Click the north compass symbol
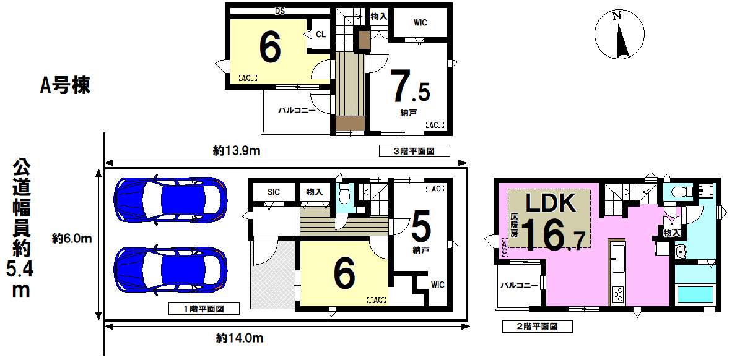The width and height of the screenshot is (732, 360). (x=619, y=35)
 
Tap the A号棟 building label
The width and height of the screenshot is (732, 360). (x=65, y=86)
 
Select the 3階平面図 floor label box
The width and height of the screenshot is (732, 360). (x=414, y=151)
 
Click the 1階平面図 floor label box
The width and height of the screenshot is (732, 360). (x=204, y=308)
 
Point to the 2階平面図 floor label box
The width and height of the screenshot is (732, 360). (x=538, y=327)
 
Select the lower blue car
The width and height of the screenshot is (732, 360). (x=170, y=269)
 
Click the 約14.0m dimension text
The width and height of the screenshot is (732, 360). (x=240, y=338)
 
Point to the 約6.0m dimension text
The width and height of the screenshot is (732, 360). (x=71, y=239)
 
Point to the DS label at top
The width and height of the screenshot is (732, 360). (x=280, y=11)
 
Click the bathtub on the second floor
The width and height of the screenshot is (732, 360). (x=695, y=294)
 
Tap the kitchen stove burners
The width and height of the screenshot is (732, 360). (x=617, y=294)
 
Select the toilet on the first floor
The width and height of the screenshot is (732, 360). (x=344, y=196)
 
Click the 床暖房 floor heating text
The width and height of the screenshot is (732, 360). (x=514, y=225)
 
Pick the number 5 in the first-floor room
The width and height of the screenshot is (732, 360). (x=421, y=228)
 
